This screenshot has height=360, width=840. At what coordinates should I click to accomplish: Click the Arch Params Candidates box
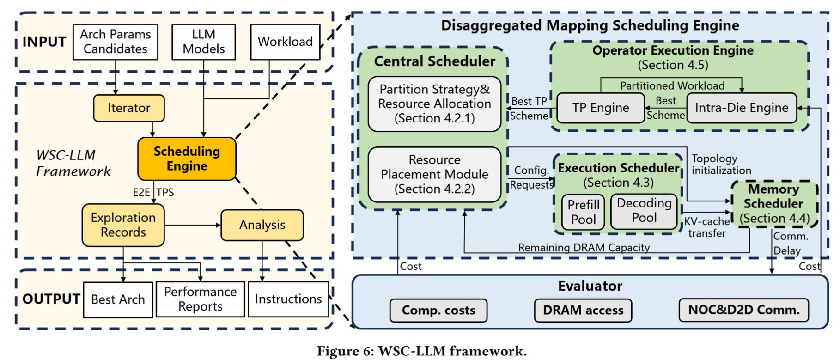click(x=116, y=42)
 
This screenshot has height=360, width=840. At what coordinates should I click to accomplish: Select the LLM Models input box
click(x=203, y=42)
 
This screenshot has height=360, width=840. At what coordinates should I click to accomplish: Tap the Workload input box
click(x=285, y=42)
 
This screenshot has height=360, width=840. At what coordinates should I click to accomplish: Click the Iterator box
click(x=129, y=108)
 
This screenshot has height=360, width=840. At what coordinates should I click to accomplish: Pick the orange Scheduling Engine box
click(x=187, y=159)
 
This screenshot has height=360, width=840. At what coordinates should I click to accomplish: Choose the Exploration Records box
click(x=123, y=225)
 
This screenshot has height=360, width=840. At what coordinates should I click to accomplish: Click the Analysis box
click(x=262, y=225)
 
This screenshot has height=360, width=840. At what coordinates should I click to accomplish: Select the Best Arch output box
click(x=118, y=299)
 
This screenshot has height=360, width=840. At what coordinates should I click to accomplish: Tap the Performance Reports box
click(x=200, y=299)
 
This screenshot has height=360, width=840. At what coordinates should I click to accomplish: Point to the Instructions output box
click(x=288, y=299)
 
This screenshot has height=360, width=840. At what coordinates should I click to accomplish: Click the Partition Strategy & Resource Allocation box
click(x=434, y=104)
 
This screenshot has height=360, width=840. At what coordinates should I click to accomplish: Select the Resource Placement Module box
click(x=434, y=174)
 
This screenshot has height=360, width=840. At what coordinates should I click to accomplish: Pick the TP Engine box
click(x=601, y=108)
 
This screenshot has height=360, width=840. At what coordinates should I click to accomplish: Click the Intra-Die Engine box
click(x=742, y=108)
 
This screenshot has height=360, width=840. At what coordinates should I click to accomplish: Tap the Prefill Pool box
click(x=583, y=212)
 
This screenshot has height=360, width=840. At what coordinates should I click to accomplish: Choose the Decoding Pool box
click(x=644, y=211)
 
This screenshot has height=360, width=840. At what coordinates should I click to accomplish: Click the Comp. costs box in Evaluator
click(x=438, y=310)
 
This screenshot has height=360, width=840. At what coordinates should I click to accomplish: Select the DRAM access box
click(x=583, y=310)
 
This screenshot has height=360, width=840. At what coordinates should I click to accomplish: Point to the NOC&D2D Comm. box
click(x=743, y=310)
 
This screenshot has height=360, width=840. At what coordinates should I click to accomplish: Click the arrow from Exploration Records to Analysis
click(x=193, y=225)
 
